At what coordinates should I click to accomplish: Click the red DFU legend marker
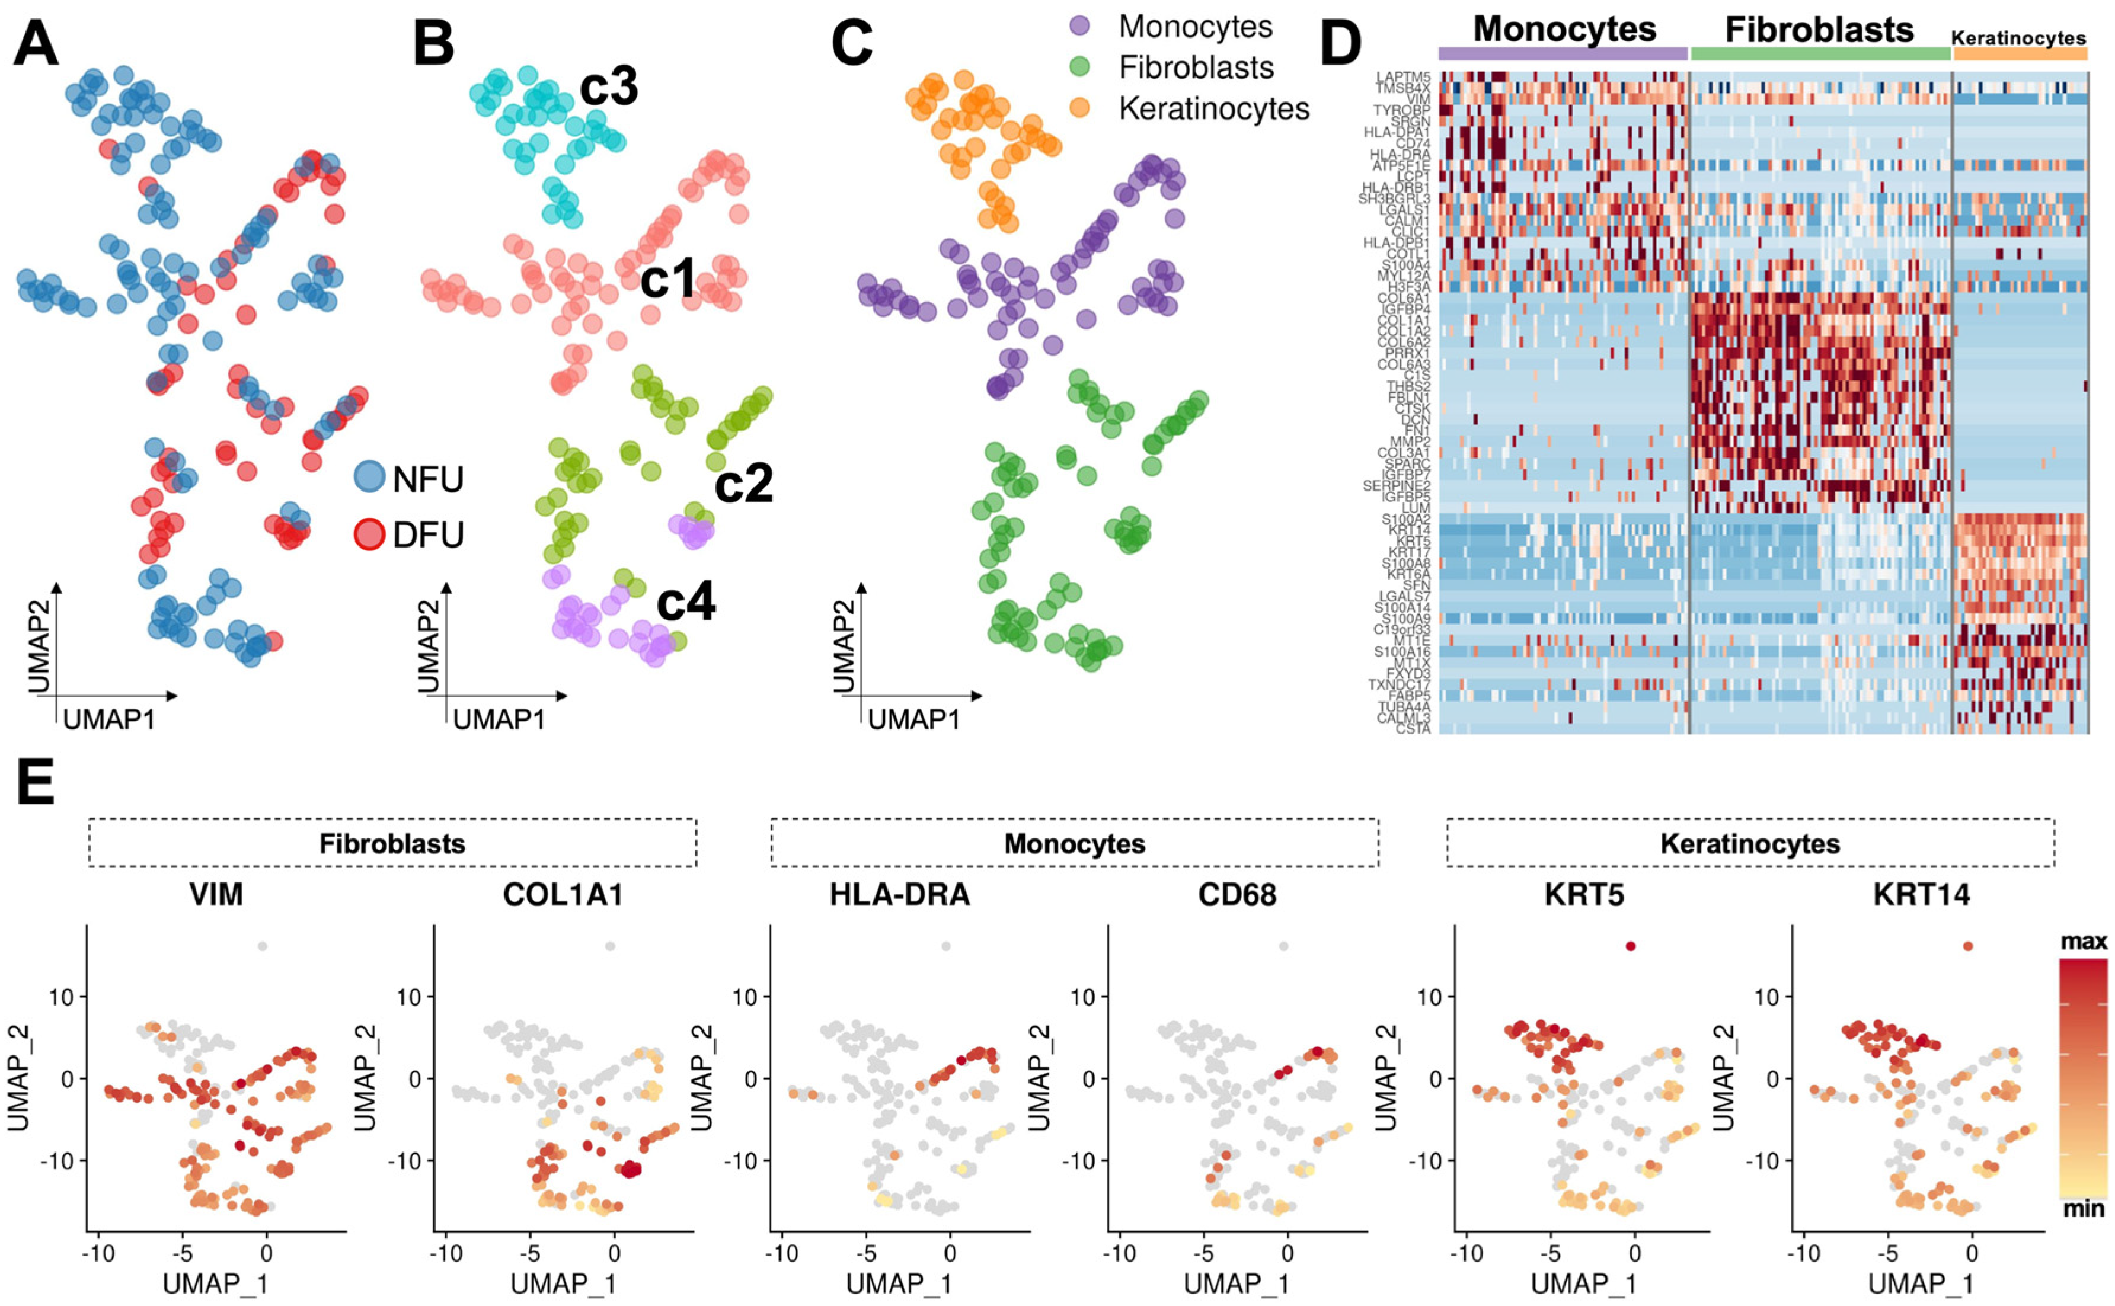370,534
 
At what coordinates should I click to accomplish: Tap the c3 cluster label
608,87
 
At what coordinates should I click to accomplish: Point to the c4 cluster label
686,602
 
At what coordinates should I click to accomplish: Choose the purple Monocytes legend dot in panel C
1080,27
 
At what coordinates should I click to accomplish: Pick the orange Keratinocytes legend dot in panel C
1080,108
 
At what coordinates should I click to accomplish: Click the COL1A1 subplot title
563,895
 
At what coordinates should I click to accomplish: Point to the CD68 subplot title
1237,895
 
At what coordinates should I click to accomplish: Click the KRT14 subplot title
1922,895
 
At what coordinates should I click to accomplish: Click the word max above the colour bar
2083,942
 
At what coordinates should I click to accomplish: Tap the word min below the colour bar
2083,1208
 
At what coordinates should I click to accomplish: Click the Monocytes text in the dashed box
1074,843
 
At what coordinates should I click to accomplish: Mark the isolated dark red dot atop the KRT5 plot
1630,946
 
